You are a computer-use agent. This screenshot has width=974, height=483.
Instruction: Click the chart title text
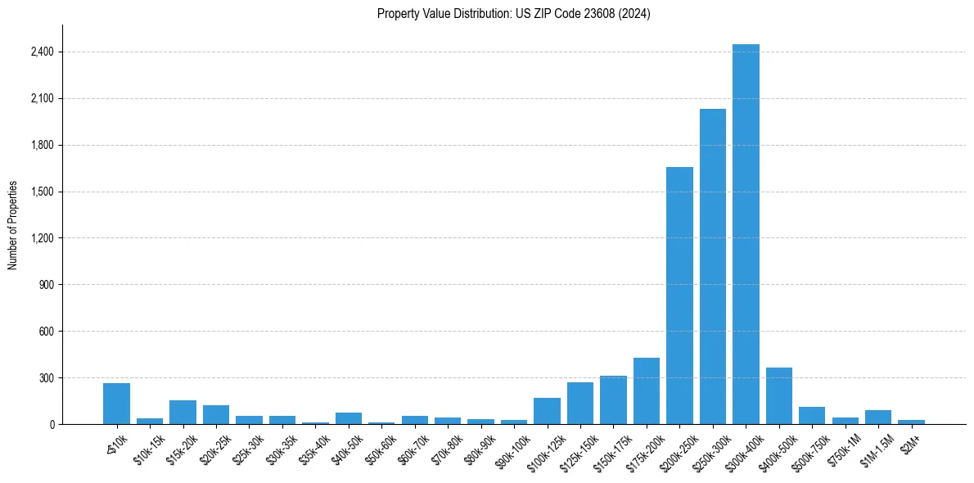[x=513, y=14]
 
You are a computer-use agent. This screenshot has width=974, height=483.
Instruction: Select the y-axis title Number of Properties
[x=13, y=224]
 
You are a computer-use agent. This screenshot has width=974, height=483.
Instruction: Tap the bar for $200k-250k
[x=679, y=296]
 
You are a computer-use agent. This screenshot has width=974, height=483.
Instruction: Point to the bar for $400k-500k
[x=779, y=396]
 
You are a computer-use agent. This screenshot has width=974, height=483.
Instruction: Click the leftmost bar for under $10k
[x=116, y=404]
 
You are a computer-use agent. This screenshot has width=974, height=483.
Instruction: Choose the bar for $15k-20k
[x=183, y=413]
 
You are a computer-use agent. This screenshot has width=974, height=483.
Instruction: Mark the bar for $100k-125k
[x=547, y=411]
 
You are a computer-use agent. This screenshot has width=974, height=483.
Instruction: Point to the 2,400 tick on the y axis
[x=42, y=52]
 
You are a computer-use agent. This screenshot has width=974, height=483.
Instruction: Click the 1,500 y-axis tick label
[x=42, y=192]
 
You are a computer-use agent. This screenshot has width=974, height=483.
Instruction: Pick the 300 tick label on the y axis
[x=46, y=378]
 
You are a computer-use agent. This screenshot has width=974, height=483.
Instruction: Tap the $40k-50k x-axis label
[x=346, y=449]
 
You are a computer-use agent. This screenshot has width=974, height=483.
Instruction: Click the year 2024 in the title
[x=634, y=14]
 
